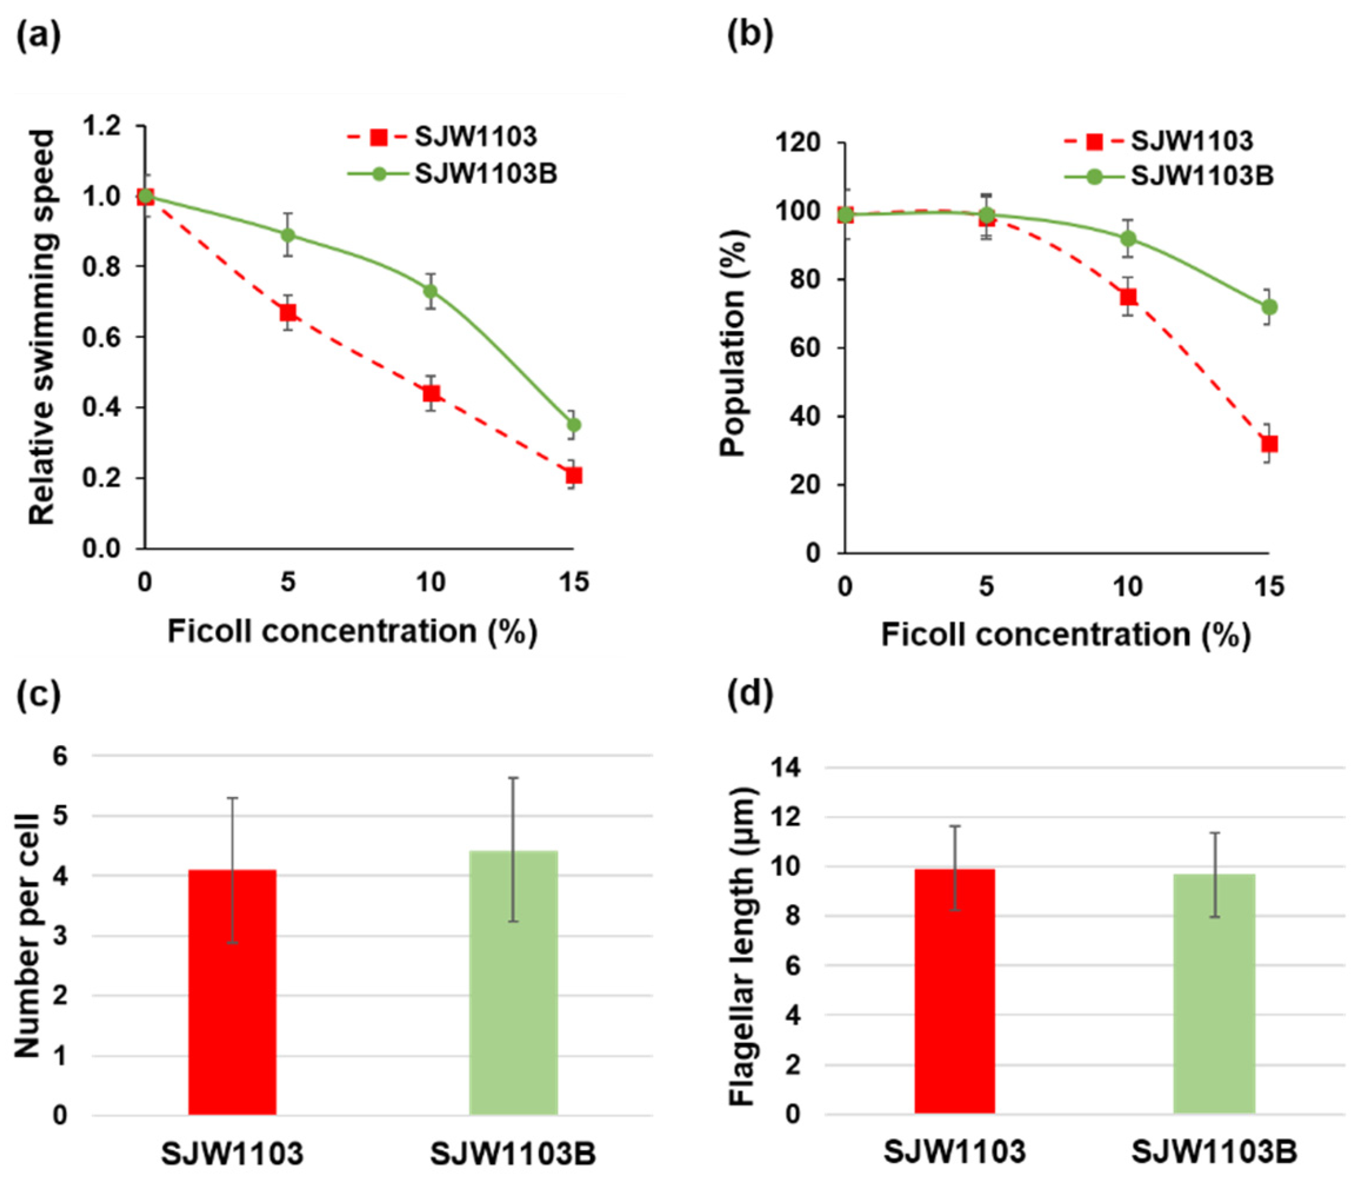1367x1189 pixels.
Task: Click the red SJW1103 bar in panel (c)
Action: [x=232, y=992]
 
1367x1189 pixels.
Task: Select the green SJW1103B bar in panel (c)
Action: [x=514, y=983]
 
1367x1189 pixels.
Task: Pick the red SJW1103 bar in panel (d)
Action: [x=955, y=992]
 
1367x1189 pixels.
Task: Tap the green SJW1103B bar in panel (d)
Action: [x=1214, y=994]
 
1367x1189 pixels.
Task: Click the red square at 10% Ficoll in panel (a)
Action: [x=432, y=393]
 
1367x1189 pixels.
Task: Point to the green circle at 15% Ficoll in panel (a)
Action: [x=574, y=424]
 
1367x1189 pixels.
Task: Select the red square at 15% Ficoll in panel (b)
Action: [x=1269, y=444]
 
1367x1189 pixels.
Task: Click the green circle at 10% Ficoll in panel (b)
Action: [x=1128, y=238]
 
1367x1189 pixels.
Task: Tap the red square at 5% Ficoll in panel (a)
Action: [x=288, y=313]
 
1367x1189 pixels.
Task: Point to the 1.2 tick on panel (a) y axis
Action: [x=103, y=125]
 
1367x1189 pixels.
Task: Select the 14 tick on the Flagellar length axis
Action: [x=787, y=768]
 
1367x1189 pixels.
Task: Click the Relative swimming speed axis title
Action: [x=41, y=327]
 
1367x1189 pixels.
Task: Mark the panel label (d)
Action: [x=750, y=694]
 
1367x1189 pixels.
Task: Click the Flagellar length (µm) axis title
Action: [x=743, y=946]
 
